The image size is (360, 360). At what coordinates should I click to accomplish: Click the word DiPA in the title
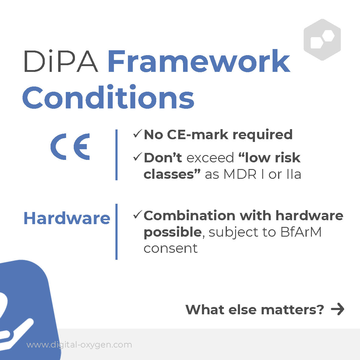61,61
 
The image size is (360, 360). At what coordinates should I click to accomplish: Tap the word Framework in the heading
199,61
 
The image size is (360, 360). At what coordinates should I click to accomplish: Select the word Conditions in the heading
108,97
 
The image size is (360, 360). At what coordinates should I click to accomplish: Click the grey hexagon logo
322,40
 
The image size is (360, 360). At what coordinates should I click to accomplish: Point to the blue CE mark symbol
70,146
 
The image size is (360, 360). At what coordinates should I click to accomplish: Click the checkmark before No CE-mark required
138,134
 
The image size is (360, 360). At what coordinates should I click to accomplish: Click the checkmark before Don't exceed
138,157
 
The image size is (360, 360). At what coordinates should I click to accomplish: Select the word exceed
210,158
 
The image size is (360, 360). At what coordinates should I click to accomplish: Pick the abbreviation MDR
240,174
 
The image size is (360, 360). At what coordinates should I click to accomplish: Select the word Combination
189,216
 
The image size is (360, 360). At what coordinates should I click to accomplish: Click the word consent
171,249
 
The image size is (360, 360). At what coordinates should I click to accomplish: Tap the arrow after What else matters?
337,309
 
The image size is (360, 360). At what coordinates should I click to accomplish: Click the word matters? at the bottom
292,310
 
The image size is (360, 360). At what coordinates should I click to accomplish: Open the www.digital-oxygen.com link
79,345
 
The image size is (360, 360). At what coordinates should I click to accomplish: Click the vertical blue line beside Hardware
117,232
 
